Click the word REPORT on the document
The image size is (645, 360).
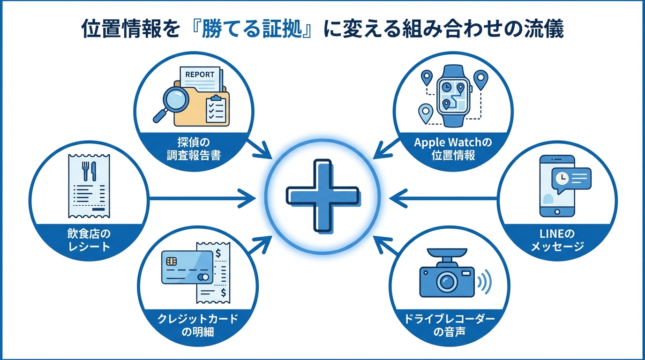(x=200, y=75)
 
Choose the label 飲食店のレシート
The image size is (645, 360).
(x=89, y=239)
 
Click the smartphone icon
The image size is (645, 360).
(x=557, y=186)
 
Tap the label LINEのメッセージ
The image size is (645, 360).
(x=557, y=239)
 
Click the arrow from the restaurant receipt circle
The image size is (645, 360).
(x=202, y=197)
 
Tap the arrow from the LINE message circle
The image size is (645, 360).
(x=443, y=197)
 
